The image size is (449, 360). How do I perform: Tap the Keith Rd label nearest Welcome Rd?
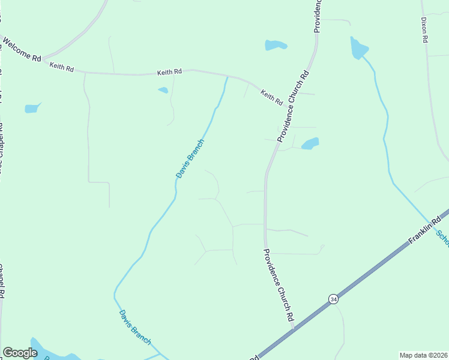[61, 67]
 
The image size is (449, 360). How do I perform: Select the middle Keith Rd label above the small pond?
[169, 72]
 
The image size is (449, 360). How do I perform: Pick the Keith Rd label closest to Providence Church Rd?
[271, 97]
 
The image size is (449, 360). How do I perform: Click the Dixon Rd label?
[424, 29]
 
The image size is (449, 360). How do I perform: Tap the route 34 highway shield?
[333, 299]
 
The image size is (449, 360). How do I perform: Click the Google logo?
[20, 353]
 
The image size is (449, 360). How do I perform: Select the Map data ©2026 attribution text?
[424, 355]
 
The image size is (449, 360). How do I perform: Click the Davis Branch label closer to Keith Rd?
[190, 158]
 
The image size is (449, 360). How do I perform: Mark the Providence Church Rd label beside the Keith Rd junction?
[292, 107]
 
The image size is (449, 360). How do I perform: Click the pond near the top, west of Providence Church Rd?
[276, 45]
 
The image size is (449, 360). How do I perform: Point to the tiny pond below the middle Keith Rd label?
[163, 91]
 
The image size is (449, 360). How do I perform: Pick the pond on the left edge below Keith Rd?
[31, 109]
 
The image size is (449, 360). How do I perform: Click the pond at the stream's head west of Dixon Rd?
[358, 48]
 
